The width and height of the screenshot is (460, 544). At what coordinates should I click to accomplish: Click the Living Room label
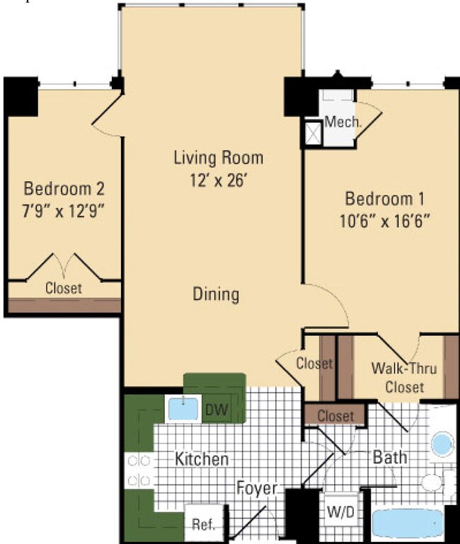218,157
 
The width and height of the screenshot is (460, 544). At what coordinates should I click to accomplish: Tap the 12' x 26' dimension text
218,180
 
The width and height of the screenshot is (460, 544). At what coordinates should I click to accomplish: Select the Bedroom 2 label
64,189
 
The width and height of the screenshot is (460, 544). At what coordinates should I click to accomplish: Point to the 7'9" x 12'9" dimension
64,211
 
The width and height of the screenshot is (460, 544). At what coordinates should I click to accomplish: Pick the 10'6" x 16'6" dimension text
385,219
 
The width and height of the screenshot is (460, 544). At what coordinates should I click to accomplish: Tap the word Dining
216,294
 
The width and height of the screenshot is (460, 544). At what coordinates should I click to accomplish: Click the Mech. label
343,122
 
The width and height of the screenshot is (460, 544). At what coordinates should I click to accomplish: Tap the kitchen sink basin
184,409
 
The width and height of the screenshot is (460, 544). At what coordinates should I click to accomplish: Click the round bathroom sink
442,445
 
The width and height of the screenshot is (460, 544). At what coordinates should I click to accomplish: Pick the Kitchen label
201,459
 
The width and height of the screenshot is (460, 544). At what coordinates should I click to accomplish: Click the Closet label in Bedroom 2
64,289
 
